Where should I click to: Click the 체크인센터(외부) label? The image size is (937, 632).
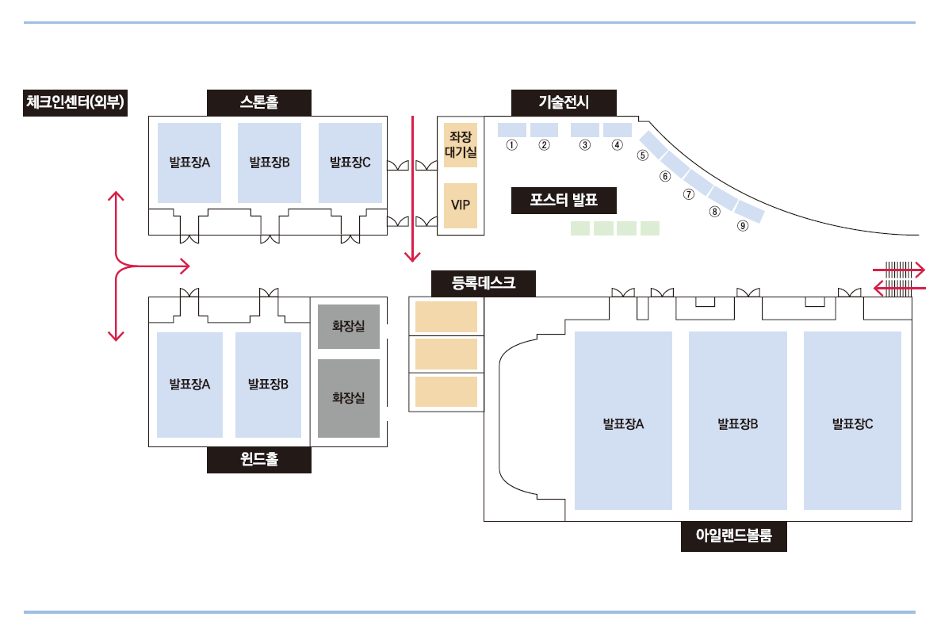[75, 103]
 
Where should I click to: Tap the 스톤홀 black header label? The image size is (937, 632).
[258, 103]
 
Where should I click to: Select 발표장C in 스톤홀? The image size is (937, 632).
[350, 163]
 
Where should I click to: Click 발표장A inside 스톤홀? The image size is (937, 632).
[189, 163]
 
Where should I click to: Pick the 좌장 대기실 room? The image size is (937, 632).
[461, 145]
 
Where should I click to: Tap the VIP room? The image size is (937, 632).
[461, 205]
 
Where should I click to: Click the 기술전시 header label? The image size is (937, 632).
[564, 103]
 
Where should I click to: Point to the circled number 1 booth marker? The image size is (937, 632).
[511, 144]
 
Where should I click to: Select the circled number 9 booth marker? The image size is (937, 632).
[743, 225]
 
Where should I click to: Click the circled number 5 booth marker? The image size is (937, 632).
[642, 155]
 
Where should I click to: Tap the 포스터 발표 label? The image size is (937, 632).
[564, 201]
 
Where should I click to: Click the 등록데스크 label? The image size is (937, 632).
[484, 283]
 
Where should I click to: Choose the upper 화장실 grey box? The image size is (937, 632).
[349, 327]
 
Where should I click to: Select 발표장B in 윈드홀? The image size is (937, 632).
[268, 385]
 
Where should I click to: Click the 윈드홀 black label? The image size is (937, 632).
[258, 460]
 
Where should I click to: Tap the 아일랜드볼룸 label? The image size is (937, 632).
[734, 536]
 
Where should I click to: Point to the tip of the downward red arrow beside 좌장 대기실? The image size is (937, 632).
[412, 262]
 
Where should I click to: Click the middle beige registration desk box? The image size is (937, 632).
[446, 354]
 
